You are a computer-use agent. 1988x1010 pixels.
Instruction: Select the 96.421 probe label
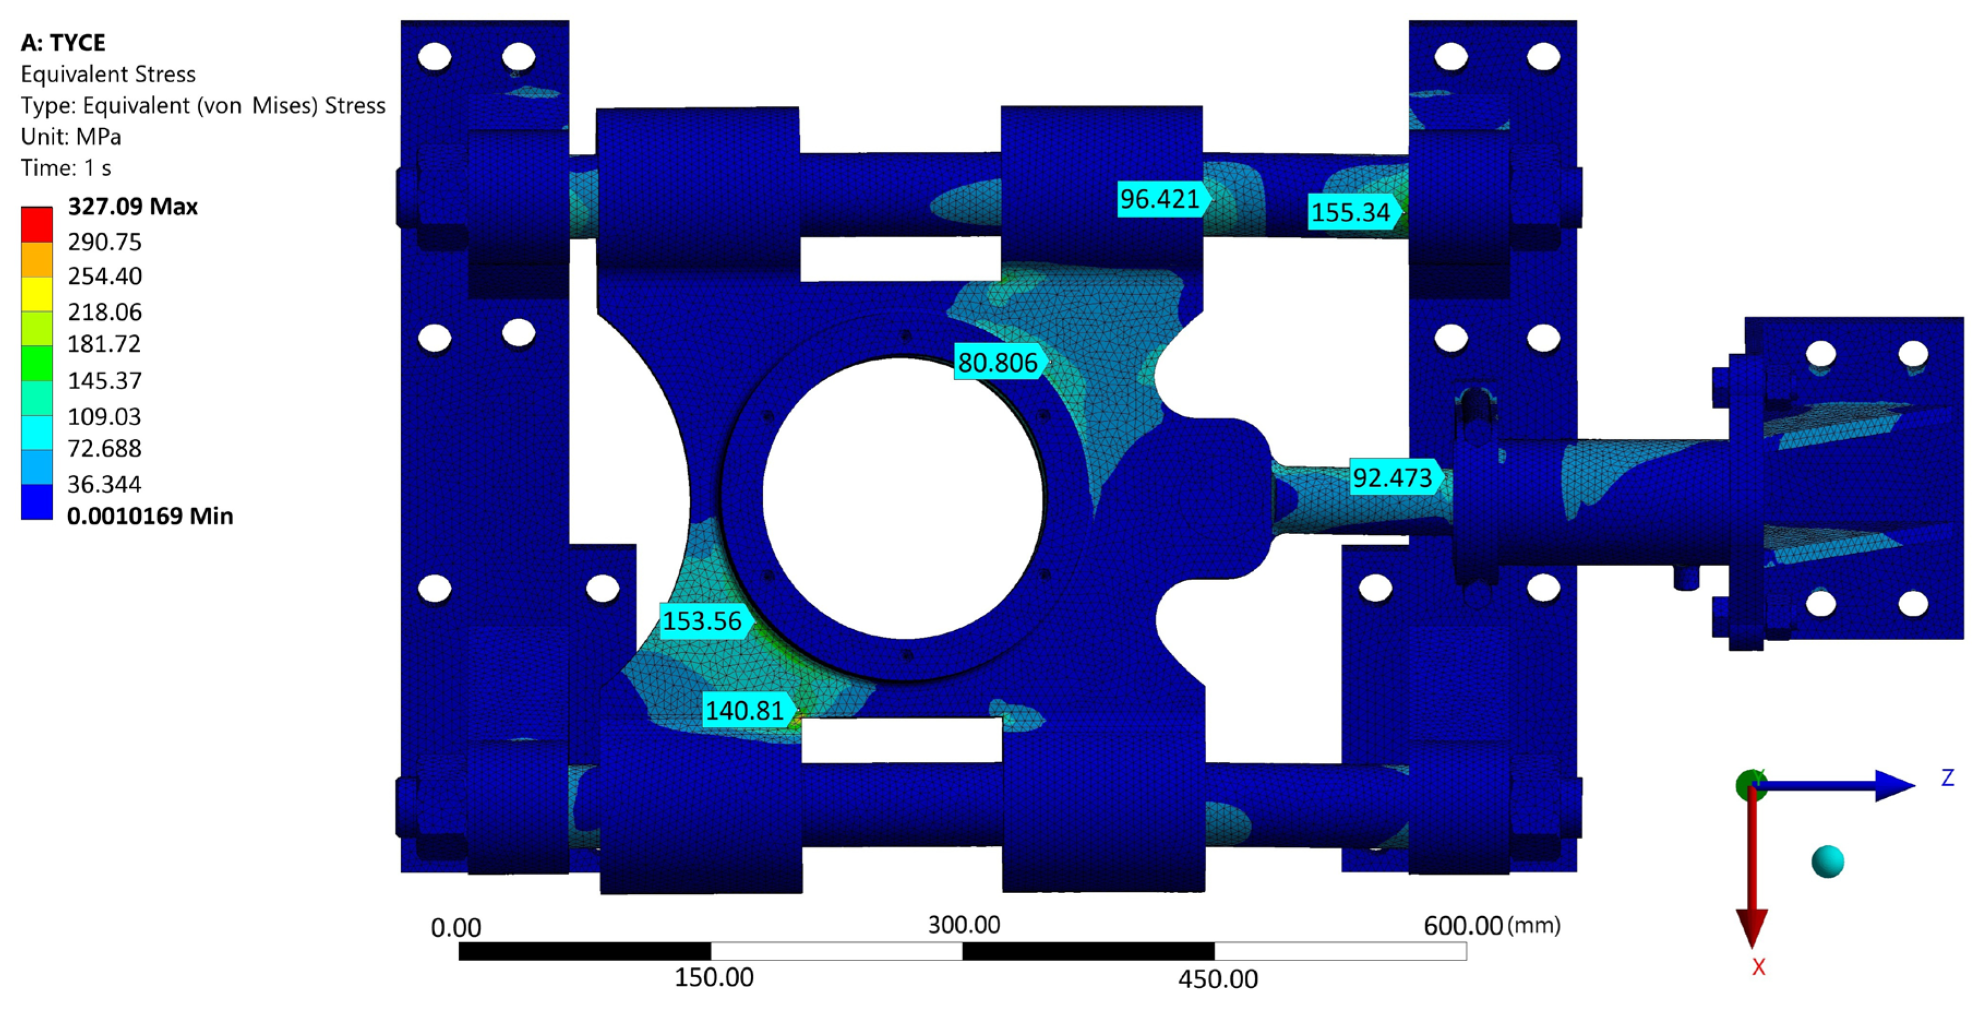click(1160, 199)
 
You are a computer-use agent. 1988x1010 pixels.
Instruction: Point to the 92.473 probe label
click(1392, 477)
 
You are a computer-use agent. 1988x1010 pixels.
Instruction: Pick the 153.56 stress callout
click(702, 621)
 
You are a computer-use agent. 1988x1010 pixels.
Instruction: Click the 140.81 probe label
click(745, 710)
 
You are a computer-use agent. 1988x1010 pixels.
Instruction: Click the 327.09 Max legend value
click(133, 207)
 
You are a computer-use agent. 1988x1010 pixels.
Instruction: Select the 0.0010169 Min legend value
click(149, 516)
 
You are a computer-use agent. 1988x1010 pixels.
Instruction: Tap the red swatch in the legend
click(36, 224)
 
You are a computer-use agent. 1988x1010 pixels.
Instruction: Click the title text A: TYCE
click(63, 43)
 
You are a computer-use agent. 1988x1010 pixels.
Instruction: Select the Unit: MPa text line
click(71, 136)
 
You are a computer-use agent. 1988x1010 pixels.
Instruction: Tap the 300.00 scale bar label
click(964, 924)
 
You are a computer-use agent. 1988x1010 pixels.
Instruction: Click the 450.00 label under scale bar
click(1218, 979)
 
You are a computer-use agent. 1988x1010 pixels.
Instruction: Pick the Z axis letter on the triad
click(1947, 778)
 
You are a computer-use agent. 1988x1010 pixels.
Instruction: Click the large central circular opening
click(903, 498)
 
